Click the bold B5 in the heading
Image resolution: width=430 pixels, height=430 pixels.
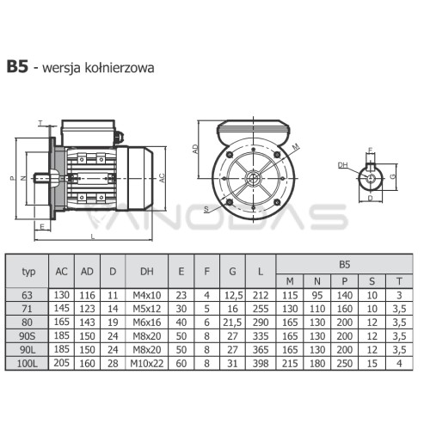click(x=17, y=66)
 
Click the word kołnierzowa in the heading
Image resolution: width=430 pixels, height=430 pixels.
click(x=120, y=68)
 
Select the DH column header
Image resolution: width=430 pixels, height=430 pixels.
click(x=147, y=271)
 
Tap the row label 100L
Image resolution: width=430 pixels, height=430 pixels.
click(x=28, y=364)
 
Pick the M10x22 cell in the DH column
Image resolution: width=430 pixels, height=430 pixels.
click(x=147, y=364)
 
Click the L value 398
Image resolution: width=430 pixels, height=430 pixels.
click(x=261, y=364)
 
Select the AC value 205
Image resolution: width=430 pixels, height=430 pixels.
click(x=62, y=363)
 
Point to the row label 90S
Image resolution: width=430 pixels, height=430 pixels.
click(x=28, y=336)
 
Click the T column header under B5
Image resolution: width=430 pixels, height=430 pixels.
click(x=399, y=281)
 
